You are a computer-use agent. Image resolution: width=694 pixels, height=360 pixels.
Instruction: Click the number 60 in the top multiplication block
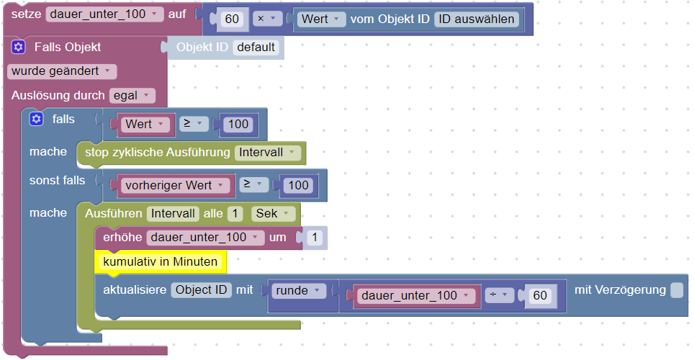point(232,19)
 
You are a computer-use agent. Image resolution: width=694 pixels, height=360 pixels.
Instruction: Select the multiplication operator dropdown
point(267,19)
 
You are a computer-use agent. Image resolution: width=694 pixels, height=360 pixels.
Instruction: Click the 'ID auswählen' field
point(477,19)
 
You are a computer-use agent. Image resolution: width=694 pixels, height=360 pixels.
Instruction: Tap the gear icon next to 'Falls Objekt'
point(19,48)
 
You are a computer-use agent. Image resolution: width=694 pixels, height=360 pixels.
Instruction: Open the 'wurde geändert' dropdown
point(61,71)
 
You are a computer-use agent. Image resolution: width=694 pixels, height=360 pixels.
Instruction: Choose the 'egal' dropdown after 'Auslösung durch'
point(132,95)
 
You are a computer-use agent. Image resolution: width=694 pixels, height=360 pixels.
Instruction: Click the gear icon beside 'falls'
point(36,119)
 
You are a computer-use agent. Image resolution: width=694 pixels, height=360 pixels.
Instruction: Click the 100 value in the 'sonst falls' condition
point(298,185)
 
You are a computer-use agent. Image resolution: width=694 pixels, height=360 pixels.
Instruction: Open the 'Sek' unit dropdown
point(274,213)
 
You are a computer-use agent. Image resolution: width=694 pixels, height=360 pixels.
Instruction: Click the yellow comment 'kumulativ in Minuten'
point(161,262)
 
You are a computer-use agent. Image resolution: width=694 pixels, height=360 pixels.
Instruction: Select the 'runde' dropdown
point(298,291)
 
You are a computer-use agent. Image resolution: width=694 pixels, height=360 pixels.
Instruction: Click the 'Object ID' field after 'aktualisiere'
point(202,290)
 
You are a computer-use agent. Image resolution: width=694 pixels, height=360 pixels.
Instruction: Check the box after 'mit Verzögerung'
point(677,290)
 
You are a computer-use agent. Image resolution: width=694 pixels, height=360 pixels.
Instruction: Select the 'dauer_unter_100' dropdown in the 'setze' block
point(104,14)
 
